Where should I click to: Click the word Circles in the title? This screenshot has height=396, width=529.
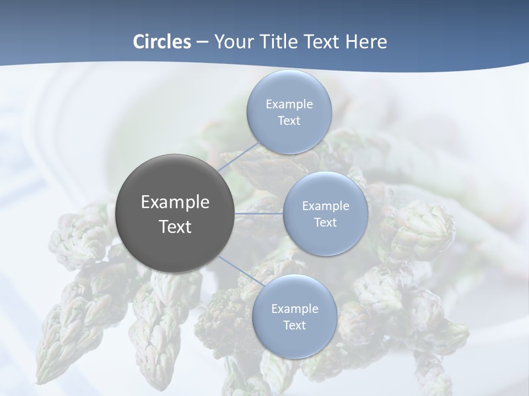(161, 42)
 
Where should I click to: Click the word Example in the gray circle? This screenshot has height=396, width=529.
(175, 202)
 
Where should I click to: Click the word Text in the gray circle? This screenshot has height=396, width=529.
(175, 227)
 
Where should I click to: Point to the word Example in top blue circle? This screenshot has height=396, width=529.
(289, 104)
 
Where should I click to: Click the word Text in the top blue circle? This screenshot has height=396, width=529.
(289, 120)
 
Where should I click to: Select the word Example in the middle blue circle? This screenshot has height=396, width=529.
(325, 206)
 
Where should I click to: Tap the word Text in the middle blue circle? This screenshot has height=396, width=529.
(325, 222)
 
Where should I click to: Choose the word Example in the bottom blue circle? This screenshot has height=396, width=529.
(294, 309)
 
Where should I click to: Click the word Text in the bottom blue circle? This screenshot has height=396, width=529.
(294, 325)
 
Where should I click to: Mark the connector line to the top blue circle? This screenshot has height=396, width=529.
(238, 157)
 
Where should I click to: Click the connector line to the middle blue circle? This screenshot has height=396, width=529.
(259, 213)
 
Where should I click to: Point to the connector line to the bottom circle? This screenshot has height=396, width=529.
(240, 272)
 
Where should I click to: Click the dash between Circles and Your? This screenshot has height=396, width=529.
(202, 42)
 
